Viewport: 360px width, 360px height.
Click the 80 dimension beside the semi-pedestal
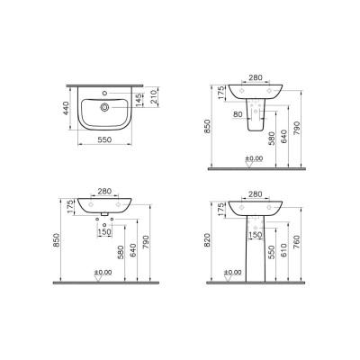click(235, 115)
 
